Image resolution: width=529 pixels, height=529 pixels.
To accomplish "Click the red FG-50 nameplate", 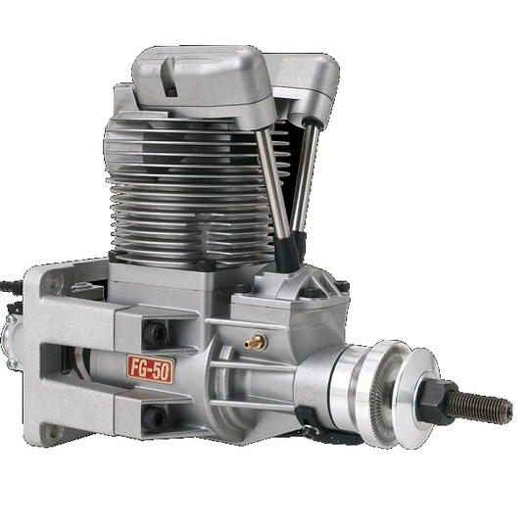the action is (151, 369).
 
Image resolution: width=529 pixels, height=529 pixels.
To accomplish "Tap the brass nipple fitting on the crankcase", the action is (255, 342).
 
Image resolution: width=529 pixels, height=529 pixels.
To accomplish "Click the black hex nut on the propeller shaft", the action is (437, 402).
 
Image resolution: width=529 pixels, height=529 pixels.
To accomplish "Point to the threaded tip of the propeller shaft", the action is (507, 408).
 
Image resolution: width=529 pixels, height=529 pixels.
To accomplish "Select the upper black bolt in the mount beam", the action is (155, 333).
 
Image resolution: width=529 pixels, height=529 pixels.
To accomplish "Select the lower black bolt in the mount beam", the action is (154, 418).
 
